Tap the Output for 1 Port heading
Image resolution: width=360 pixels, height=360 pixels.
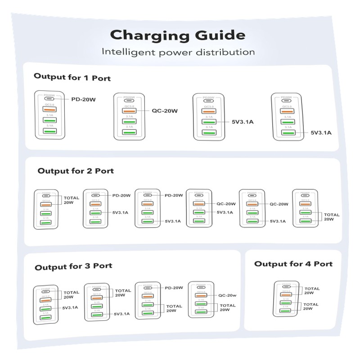[72, 77]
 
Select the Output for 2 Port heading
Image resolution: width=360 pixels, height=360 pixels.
[76, 171]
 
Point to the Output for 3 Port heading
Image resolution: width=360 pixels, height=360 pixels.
[73, 266]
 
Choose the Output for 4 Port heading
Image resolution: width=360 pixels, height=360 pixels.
[293, 264]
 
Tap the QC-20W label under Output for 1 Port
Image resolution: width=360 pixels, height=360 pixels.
[164, 111]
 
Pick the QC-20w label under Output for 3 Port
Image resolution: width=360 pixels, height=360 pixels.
[227, 296]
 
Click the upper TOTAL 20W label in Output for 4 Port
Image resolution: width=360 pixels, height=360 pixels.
[312, 291]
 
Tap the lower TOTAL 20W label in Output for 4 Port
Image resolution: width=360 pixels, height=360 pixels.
[311, 306]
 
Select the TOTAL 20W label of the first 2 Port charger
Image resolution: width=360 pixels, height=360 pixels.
[72, 200]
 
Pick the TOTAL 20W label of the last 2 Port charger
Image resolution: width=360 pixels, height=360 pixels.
[332, 217]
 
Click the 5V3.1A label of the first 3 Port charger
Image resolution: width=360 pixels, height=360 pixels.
[70, 308]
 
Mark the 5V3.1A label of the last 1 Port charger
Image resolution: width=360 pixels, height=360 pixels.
[321, 133]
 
